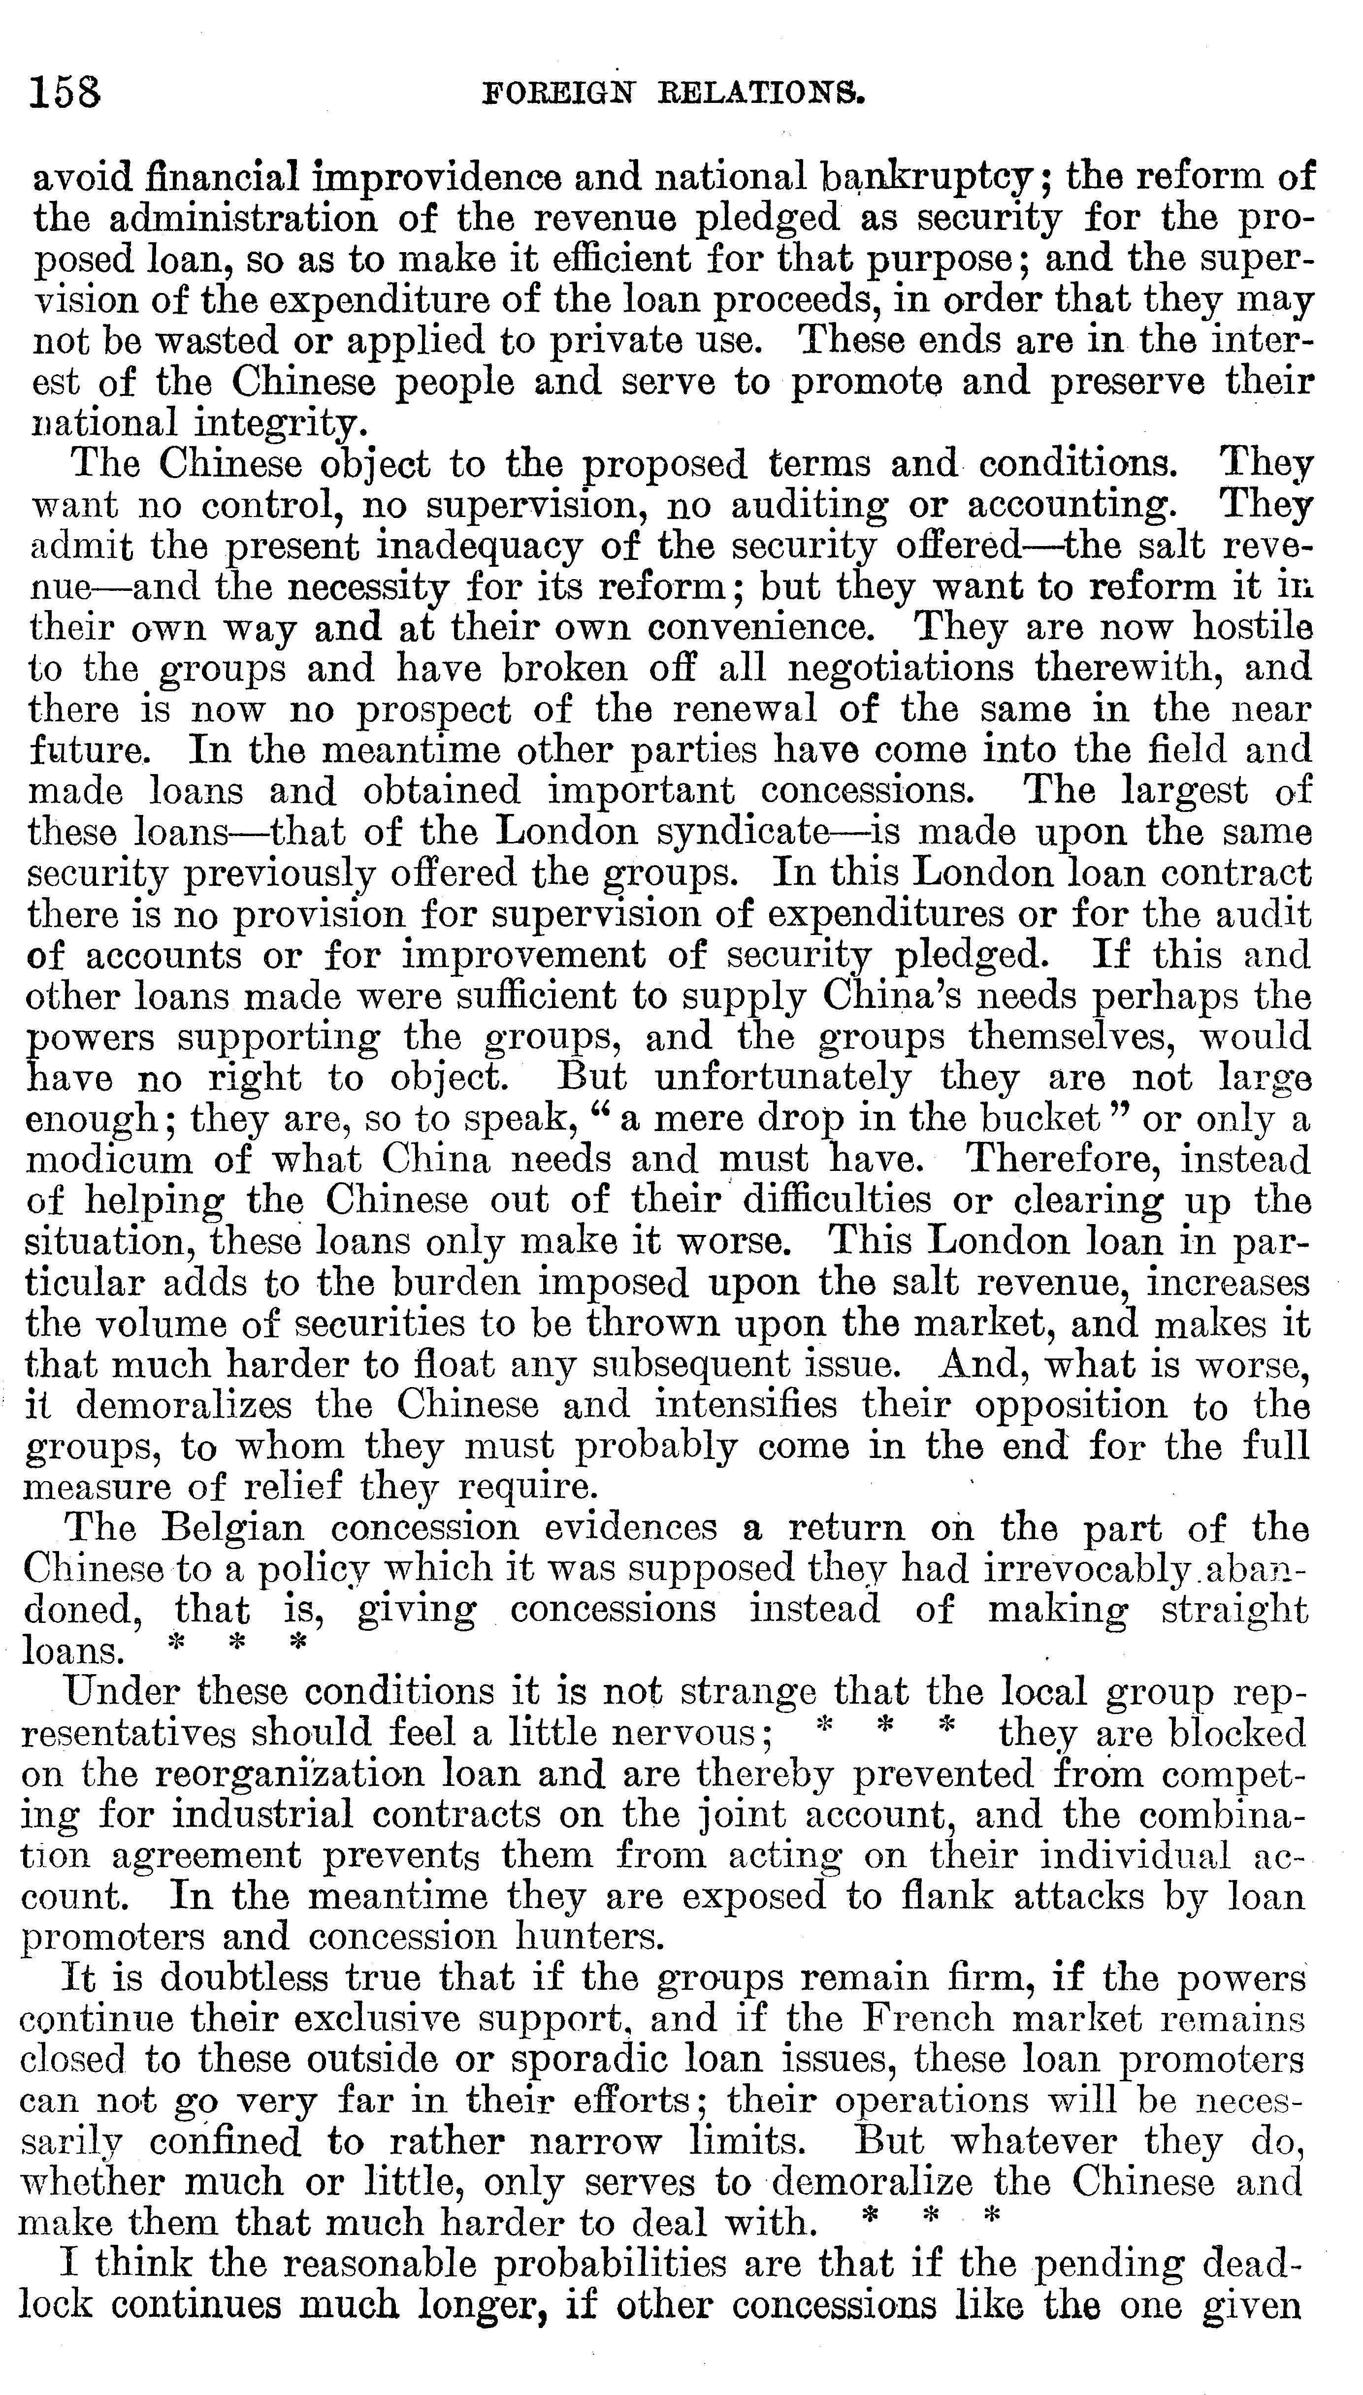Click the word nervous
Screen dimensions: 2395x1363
pos(683,1733)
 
